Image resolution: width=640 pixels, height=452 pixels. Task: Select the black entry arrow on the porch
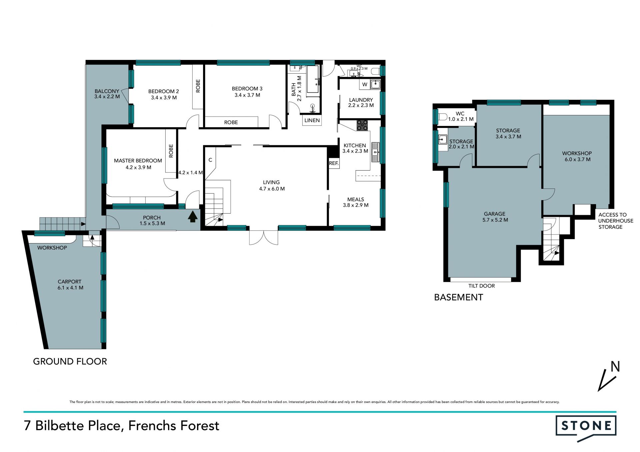(193, 217)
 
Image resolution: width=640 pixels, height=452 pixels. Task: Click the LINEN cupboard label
(312, 120)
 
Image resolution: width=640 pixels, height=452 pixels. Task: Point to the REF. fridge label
(334, 163)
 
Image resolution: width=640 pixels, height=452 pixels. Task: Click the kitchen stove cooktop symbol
(362, 125)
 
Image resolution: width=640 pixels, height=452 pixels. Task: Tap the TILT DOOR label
(481, 286)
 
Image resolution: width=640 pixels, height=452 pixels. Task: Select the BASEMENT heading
(458, 297)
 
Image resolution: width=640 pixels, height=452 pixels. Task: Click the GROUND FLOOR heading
(70, 361)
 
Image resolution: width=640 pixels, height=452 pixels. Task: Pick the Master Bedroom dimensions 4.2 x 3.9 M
(138, 168)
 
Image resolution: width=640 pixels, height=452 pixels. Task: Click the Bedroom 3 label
(247, 89)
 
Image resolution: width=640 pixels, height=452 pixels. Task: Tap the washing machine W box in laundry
(365, 85)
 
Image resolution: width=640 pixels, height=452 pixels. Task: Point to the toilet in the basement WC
(443, 117)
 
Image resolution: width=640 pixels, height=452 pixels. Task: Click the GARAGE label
(495, 214)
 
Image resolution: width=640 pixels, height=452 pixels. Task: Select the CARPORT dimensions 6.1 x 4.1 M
(70, 288)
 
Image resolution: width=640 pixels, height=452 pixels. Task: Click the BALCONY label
(107, 91)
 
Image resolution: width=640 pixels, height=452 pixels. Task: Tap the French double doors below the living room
(264, 237)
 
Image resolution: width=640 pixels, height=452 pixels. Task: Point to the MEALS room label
(356, 199)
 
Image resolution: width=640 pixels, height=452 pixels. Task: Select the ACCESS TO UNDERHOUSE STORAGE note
(615, 221)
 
